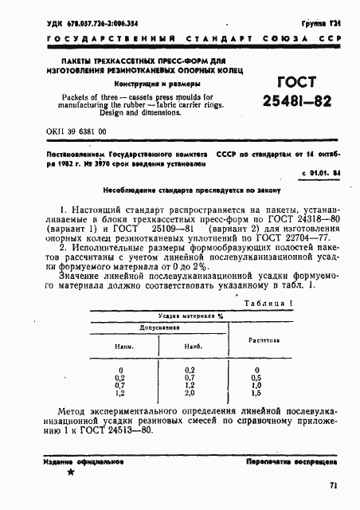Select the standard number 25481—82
296,103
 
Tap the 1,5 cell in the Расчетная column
255,393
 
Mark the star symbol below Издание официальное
71,473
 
